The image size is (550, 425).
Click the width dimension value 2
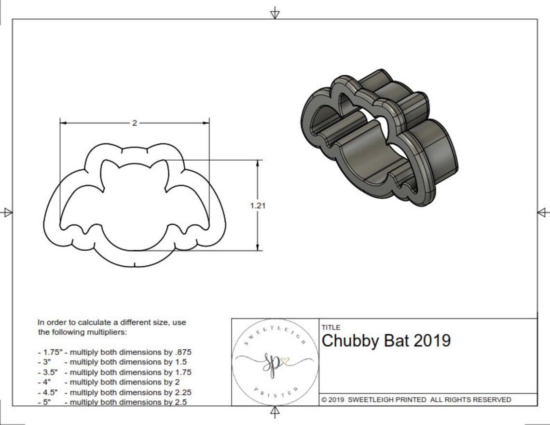click(135, 123)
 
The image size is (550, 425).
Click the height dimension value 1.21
click(258, 205)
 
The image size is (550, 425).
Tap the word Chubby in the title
click(351, 341)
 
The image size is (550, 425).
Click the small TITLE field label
click(330, 328)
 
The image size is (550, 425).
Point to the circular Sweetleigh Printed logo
click(275, 362)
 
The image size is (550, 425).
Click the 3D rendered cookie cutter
click(379, 137)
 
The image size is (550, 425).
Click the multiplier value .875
click(182, 352)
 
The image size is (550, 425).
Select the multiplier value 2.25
click(182, 392)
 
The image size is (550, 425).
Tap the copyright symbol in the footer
click(324, 400)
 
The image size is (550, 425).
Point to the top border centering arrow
click(275, 13)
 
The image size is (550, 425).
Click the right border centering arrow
click(543, 212)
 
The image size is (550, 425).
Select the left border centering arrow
click(7, 212)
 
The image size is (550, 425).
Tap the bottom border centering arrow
click(275, 411)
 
